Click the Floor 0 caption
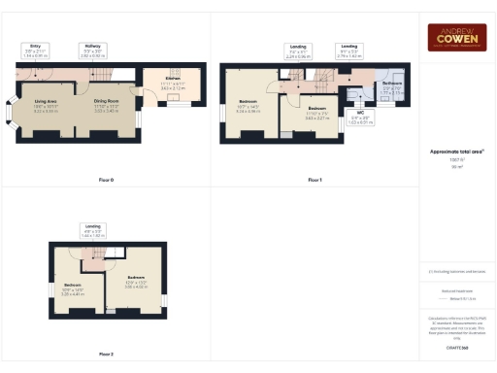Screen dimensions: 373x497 pos(107,180)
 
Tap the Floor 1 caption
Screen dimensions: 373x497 pos(314,180)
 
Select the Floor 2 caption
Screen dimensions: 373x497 pos(107,355)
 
